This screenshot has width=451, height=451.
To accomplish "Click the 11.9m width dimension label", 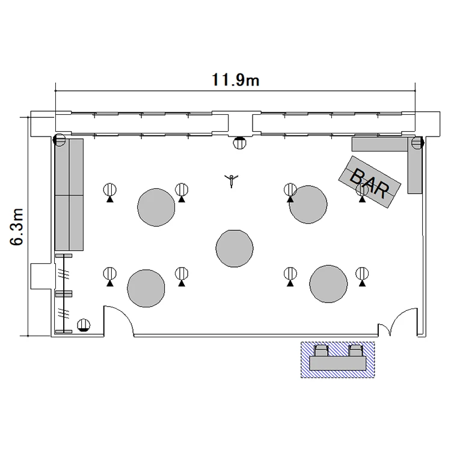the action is click(236, 80).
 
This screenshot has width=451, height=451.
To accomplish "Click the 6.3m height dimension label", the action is click(17, 227).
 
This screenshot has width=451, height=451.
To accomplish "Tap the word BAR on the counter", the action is click(370, 183).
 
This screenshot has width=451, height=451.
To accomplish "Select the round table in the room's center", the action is click(235, 248).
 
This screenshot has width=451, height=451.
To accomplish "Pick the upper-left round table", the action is click(156, 207).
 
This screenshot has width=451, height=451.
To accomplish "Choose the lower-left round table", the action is click(146, 288).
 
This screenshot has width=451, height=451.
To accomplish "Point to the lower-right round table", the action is click(328, 284).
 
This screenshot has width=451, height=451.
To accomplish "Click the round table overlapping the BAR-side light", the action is click(308, 204).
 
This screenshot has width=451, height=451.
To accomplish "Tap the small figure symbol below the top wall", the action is click(232, 180).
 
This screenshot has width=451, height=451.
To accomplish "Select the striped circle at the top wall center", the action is click(239, 143).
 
